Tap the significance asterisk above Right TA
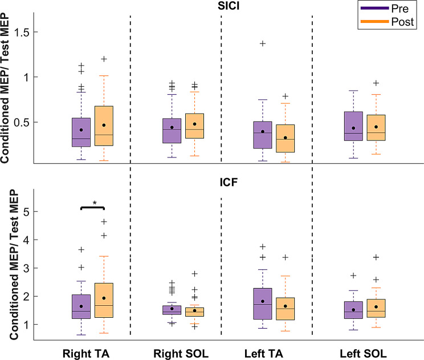[x=95, y=203]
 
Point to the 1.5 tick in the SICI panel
[x=31, y=32]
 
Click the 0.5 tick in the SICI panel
[x=31, y=122]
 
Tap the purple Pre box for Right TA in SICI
[x=81, y=132]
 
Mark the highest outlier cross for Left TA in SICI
[x=263, y=43]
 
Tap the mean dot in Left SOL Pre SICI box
[x=353, y=128]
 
